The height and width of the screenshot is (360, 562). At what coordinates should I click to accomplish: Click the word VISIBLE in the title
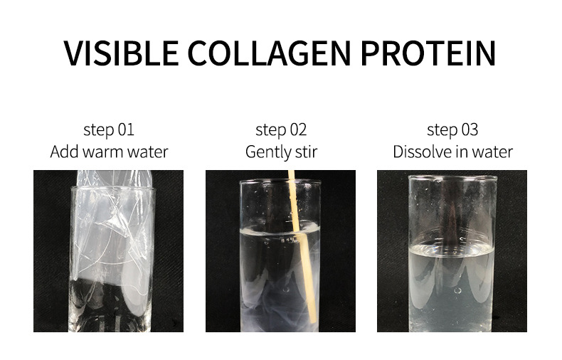point(121,53)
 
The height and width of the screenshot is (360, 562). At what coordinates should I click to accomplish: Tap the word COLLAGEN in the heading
point(269,53)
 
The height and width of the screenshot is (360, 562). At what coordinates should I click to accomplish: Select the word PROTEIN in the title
point(428,53)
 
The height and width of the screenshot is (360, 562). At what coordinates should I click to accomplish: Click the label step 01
point(109,129)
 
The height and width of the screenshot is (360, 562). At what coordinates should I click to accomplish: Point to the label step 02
point(281,129)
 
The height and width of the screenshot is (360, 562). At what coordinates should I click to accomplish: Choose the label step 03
point(452,129)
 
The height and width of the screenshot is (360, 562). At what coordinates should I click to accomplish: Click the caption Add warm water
point(109,152)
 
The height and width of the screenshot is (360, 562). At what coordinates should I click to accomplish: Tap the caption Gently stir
point(282,152)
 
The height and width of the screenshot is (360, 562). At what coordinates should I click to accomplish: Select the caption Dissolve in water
point(452,152)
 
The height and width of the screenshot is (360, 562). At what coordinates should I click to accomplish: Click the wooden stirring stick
point(302,248)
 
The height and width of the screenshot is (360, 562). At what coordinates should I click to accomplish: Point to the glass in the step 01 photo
point(112,259)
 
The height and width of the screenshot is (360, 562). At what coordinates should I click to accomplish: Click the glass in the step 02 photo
point(280,255)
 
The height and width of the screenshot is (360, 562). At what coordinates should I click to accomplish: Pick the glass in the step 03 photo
point(452,253)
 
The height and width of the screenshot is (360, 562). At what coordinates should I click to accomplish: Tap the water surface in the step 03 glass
point(452,250)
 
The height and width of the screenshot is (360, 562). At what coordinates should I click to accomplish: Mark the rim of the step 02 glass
point(280,182)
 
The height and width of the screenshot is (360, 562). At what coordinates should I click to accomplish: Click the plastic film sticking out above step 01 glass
point(115,178)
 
